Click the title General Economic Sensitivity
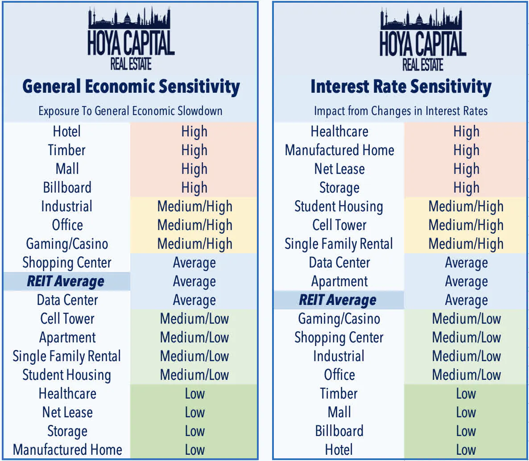(x=131, y=86)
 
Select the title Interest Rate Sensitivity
(x=401, y=86)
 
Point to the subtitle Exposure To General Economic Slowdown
(x=130, y=111)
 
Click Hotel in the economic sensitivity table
(x=67, y=132)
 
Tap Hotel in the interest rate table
(x=339, y=450)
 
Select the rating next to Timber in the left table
(x=194, y=150)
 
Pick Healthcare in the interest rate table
(x=339, y=132)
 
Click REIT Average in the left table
(x=66, y=281)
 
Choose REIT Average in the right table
(x=338, y=300)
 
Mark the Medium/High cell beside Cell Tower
(x=466, y=225)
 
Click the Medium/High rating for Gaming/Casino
(x=194, y=244)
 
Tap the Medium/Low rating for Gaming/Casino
(x=466, y=319)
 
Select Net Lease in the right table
(x=339, y=169)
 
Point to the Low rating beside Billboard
(x=466, y=431)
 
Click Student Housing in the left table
(x=66, y=375)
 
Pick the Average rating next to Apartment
(x=466, y=281)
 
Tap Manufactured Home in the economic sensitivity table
(x=67, y=450)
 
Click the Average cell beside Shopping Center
(x=194, y=263)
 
